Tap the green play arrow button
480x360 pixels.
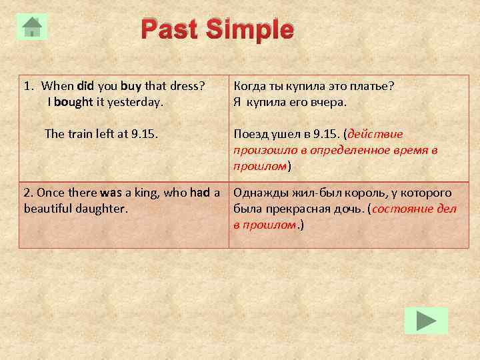click(x=426, y=322)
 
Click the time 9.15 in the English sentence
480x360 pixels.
click(x=144, y=133)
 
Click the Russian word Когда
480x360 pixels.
click(x=250, y=87)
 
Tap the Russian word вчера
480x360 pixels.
click(x=330, y=103)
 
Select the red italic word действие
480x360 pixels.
click(x=375, y=133)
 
